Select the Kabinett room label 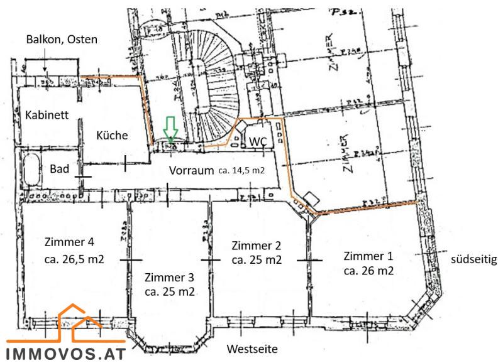click(46, 116)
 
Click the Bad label click(60, 168)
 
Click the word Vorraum click(191, 171)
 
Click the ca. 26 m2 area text click(368, 271)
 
